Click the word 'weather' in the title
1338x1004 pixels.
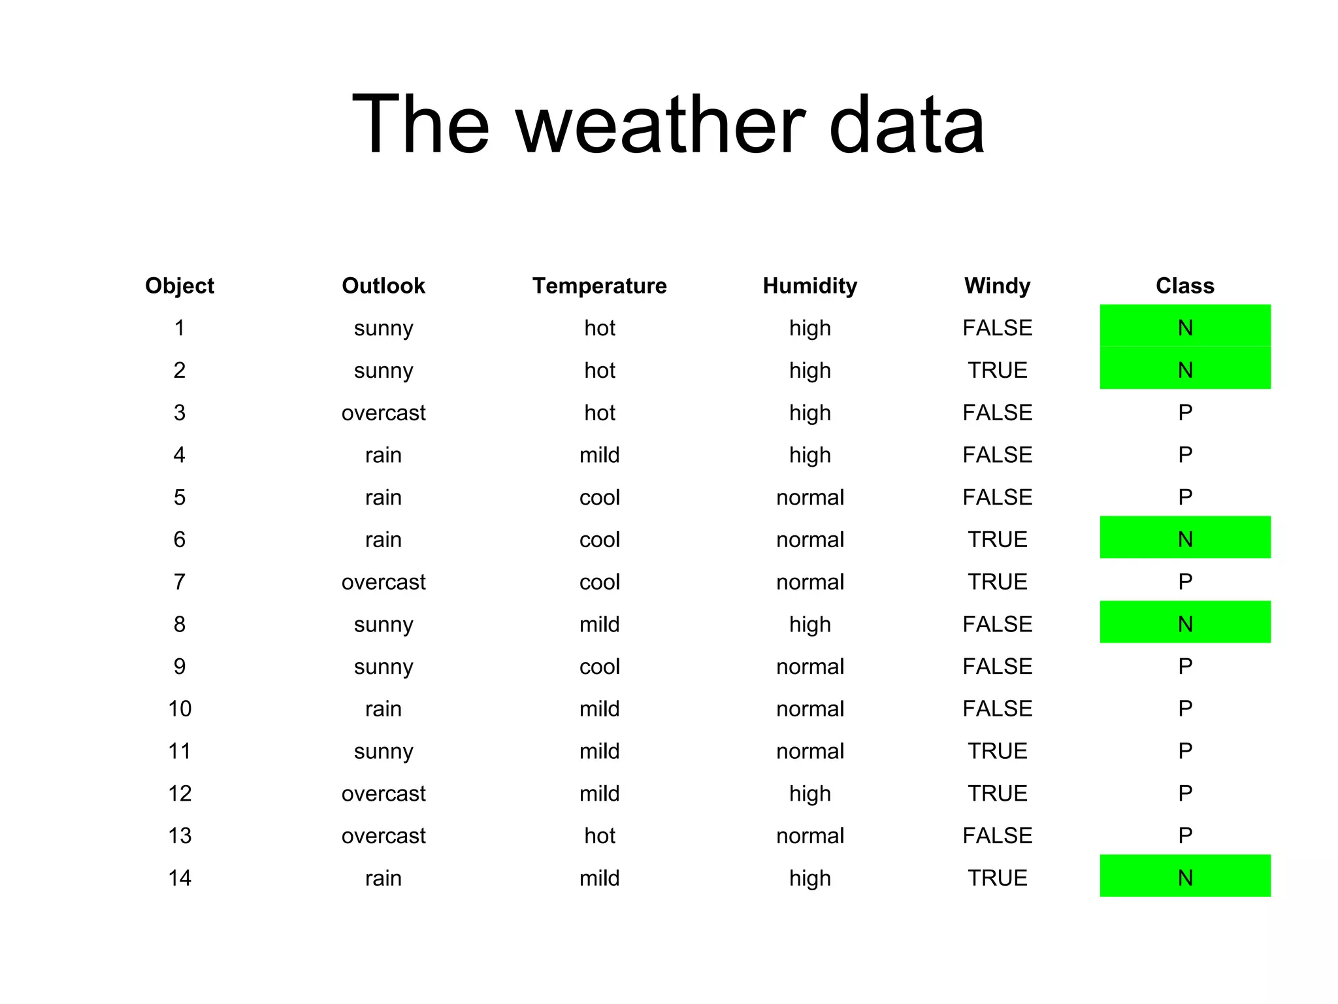661,125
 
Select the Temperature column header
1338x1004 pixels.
599,286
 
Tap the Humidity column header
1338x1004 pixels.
809,286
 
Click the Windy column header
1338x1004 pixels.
997,286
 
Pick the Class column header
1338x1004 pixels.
1184,286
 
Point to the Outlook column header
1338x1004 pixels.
383,286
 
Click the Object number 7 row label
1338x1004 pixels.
180,582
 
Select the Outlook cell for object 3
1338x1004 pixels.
383,413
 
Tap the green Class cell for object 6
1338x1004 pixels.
1184,538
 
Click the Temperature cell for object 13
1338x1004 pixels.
599,836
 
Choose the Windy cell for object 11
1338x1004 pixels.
997,751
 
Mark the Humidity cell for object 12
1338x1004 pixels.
809,794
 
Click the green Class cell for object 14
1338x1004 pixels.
1184,877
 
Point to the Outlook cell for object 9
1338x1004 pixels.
383,667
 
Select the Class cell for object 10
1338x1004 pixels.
1184,709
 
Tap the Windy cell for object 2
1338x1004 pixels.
997,371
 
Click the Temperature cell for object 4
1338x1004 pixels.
599,455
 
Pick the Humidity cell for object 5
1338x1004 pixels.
809,497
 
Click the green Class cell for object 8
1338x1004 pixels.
1184,622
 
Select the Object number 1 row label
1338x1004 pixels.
180,328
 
